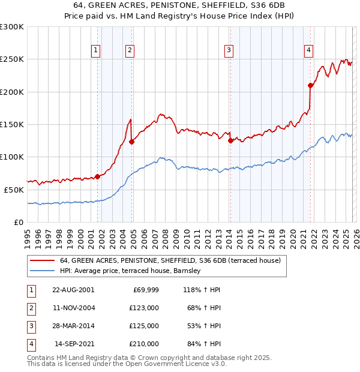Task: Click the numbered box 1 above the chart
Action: (x=96, y=50)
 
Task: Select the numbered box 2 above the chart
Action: (x=130, y=50)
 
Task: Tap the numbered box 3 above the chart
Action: (x=229, y=50)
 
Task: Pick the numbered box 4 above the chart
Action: (x=308, y=50)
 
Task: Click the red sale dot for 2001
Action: (x=97, y=176)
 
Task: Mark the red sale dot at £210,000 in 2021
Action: (x=310, y=85)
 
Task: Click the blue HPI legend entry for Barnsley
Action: (x=133, y=271)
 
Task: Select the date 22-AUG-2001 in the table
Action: (x=73, y=290)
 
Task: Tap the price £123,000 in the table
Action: (x=144, y=308)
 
